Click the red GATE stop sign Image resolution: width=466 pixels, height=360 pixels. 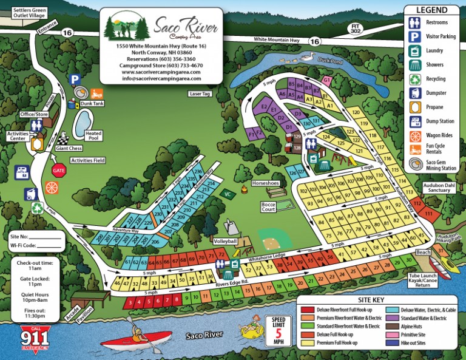(x=58, y=171)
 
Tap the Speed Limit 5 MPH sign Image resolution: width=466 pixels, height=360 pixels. (x=277, y=332)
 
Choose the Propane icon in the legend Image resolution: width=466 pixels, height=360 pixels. (x=416, y=107)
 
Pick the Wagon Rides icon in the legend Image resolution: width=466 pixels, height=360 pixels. (x=416, y=135)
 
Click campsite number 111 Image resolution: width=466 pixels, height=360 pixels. (x=428, y=214)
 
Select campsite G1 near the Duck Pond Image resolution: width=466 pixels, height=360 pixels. (x=326, y=80)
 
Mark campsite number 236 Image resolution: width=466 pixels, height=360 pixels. (x=198, y=172)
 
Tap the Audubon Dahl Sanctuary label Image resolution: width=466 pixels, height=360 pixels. (x=437, y=187)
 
